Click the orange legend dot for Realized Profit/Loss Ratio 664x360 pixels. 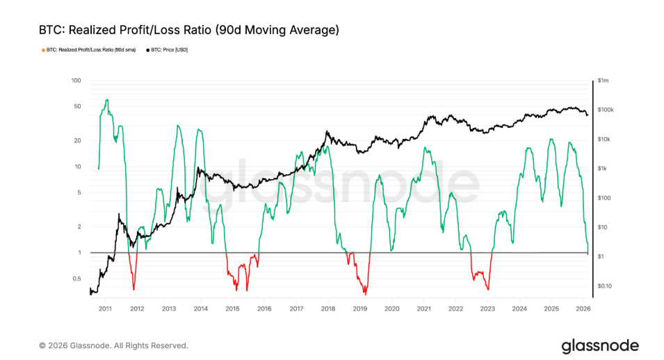(43, 50)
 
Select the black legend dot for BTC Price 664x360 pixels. (148, 50)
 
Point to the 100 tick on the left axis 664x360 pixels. (76, 81)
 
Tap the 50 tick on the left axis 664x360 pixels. (78, 106)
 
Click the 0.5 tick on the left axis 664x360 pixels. (77, 279)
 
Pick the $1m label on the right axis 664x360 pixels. (604, 81)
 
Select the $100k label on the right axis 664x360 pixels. (606, 110)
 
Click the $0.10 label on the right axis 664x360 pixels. (606, 286)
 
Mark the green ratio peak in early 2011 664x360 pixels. (106, 100)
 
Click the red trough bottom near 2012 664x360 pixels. (133, 288)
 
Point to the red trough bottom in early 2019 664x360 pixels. (365, 294)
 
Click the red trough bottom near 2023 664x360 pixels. (488, 288)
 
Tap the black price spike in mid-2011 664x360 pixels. (119, 215)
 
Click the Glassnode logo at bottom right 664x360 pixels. (600, 345)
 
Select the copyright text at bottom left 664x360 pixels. (113, 345)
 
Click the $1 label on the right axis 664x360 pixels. (601, 257)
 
